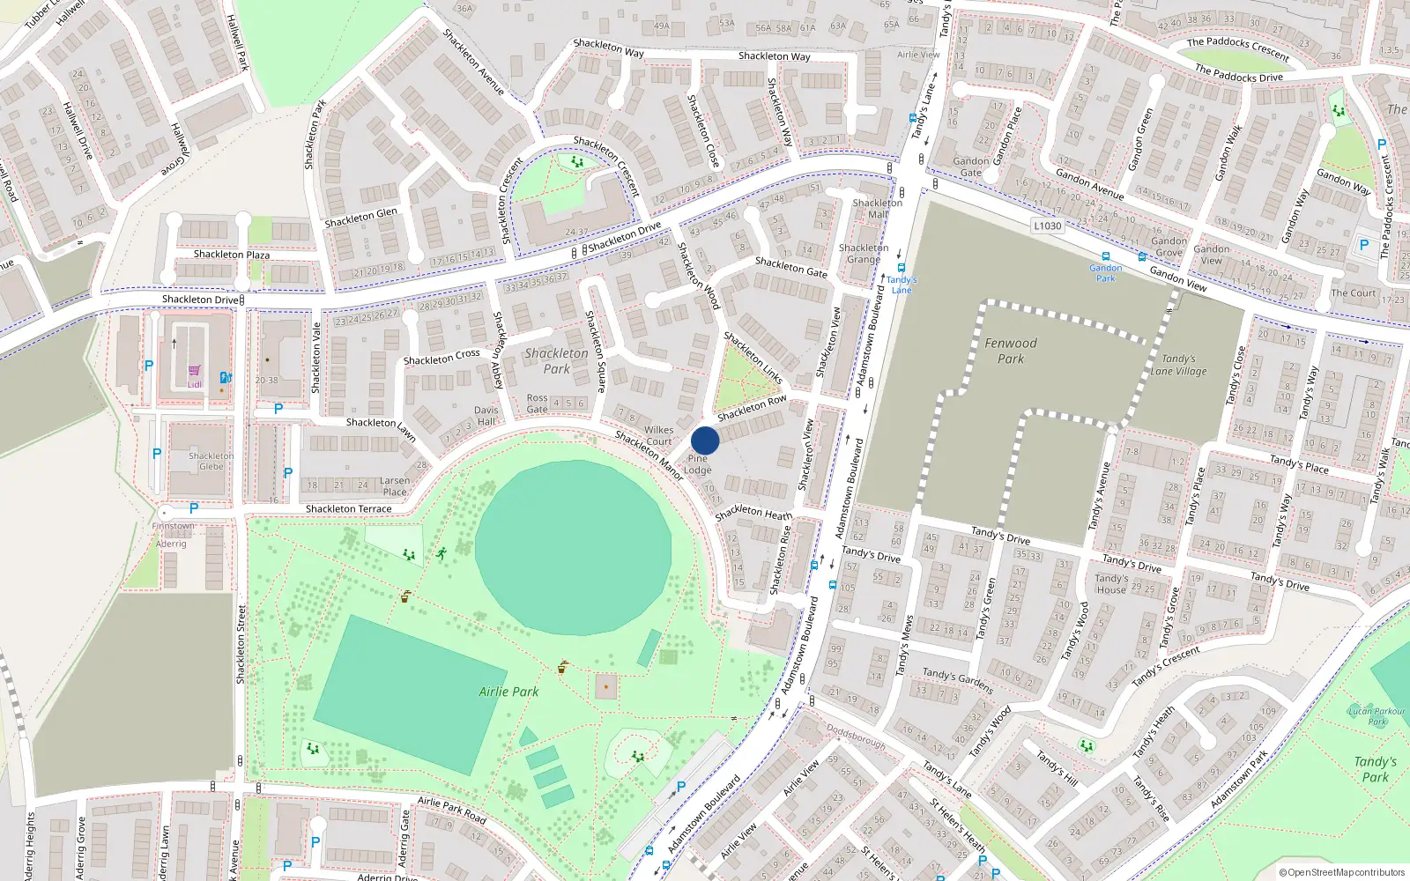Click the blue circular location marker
[x=705, y=440]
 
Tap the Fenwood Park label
[x=1011, y=351]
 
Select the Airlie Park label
[x=508, y=692]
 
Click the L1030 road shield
[x=1047, y=226]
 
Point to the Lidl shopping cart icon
[x=194, y=371]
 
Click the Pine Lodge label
[x=697, y=464]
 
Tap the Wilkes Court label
[x=658, y=435]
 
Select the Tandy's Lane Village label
[x=1178, y=365]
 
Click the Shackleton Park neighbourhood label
[x=556, y=360]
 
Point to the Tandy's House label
[x=1110, y=584]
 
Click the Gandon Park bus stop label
[x=1105, y=273]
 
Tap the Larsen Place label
[x=395, y=486]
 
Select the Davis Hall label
[x=486, y=416]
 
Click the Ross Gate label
[x=537, y=403]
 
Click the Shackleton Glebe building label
[x=211, y=461]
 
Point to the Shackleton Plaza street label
[x=232, y=255]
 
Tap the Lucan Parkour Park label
[x=1377, y=715]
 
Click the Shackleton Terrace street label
[x=348, y=509]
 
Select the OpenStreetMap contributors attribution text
[x=1342, y=872]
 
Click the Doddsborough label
[x=856, y=736]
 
